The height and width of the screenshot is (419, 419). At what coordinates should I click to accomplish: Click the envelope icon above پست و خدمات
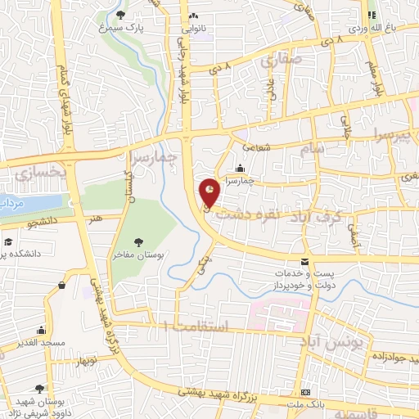[x=305, y=262]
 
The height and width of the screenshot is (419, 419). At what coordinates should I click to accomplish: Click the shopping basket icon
[x=62, y=285]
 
